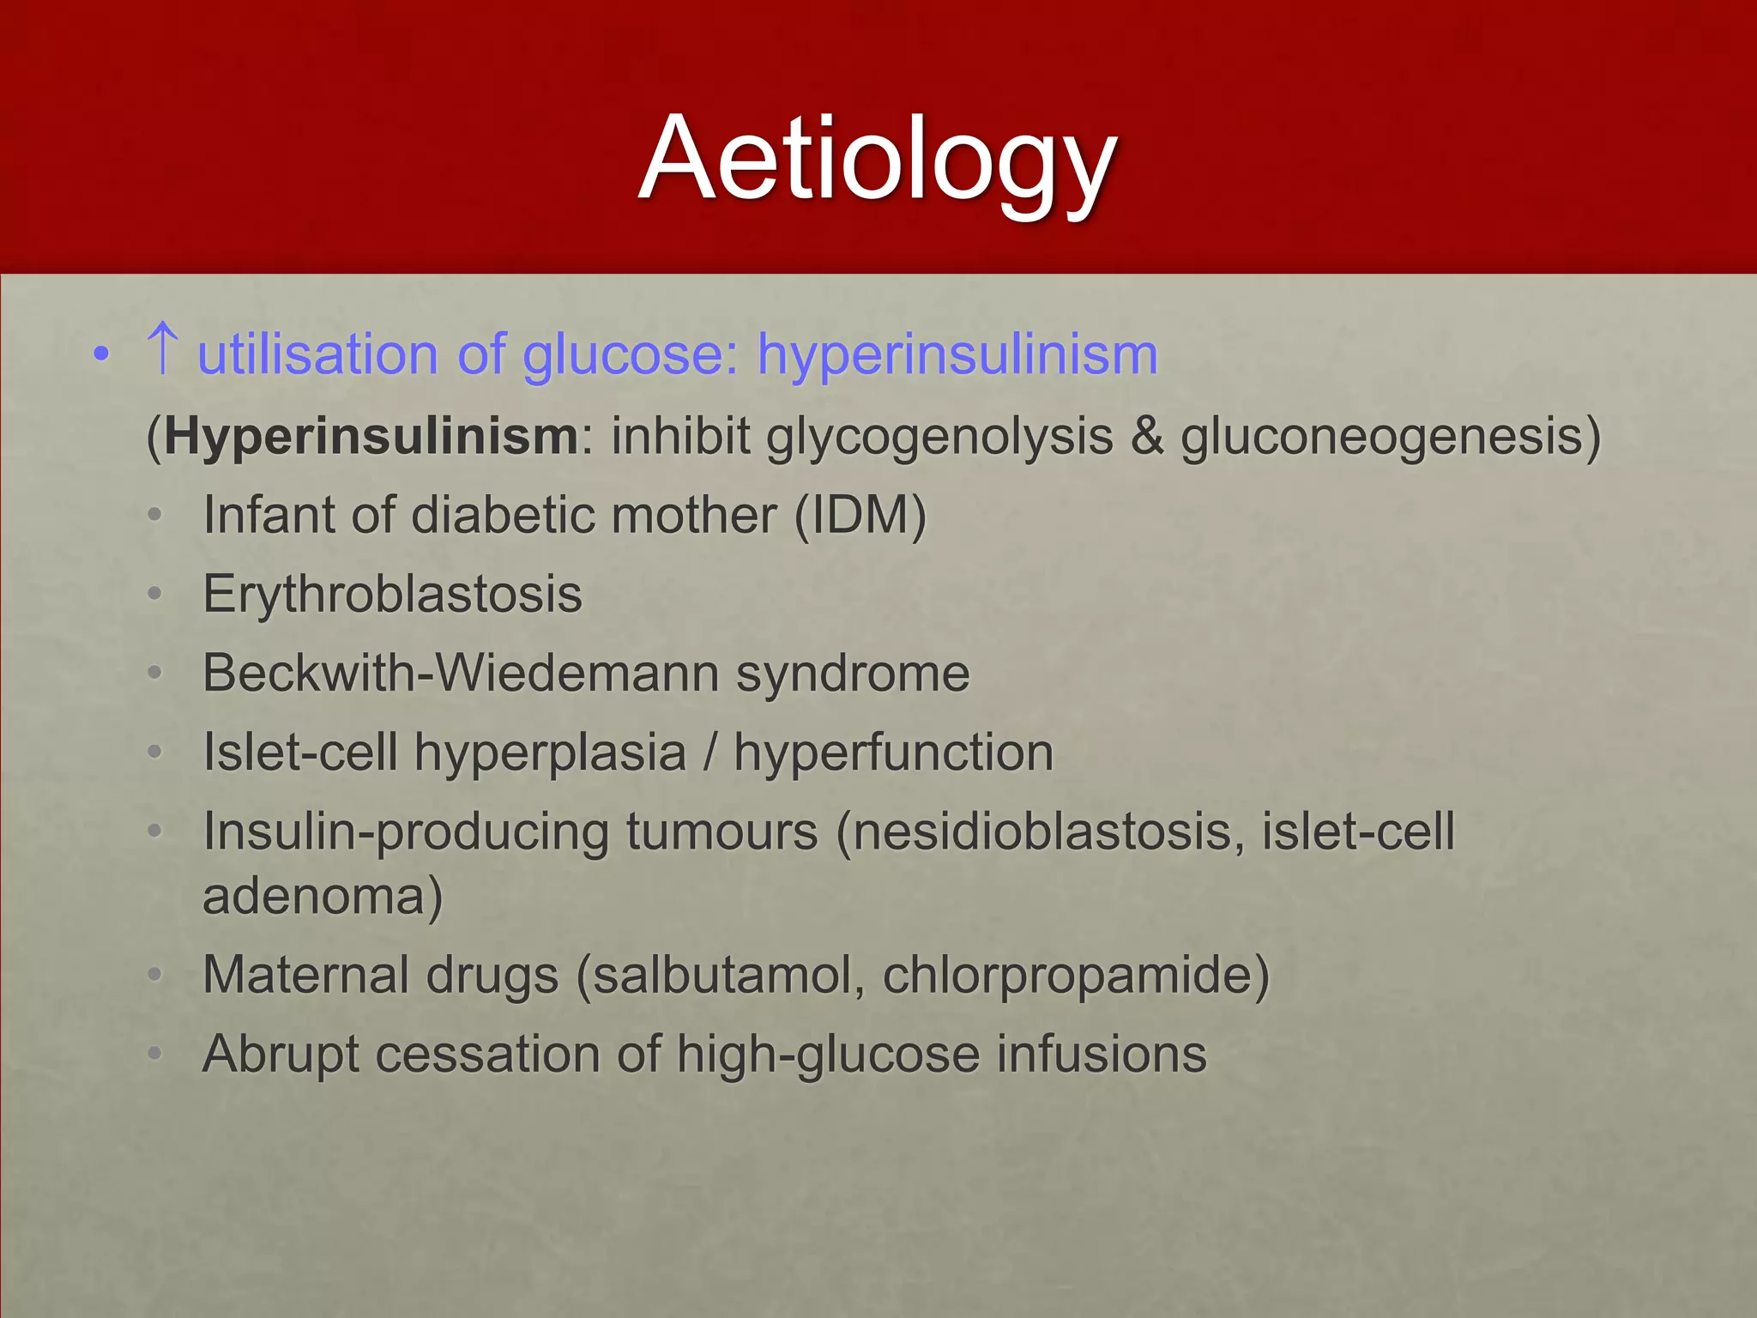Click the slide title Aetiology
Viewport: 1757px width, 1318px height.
coord(877,160)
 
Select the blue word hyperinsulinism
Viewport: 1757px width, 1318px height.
coord(957,355)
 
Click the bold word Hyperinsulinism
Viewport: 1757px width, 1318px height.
coord(371,437)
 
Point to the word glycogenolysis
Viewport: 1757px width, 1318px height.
coord(939,437)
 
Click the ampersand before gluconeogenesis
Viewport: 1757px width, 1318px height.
coord(1146,436)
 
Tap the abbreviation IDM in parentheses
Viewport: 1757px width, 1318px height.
coord(859,516)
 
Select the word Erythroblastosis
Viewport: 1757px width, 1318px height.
coord(392,595)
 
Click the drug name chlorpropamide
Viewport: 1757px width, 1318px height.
coord(1067,976)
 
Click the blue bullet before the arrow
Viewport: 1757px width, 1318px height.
coord(101,354)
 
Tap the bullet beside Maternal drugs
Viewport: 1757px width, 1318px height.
coord(154,976)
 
